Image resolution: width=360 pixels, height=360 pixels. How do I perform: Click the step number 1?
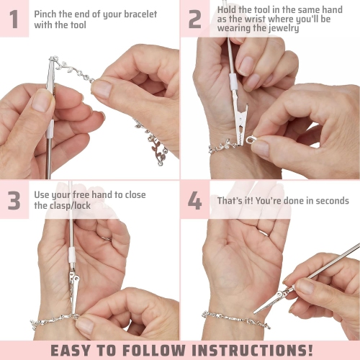point(14,19)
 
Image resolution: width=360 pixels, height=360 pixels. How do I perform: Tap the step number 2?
point(195,19)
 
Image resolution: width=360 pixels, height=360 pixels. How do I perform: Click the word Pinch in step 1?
point(47,14)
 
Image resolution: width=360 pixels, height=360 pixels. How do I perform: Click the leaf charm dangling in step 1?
point(160,153)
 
